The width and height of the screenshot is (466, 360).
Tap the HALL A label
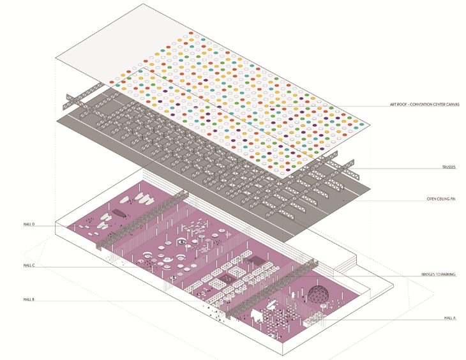point(450,317)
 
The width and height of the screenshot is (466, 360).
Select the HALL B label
point(29,299)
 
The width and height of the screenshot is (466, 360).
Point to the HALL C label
point(29,265)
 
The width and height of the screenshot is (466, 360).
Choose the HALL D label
point(29,225)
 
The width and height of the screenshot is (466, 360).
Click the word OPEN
point(432,199)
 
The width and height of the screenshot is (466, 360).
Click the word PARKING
point(449,274)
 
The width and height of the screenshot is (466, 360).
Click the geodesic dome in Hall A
point(319,294)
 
